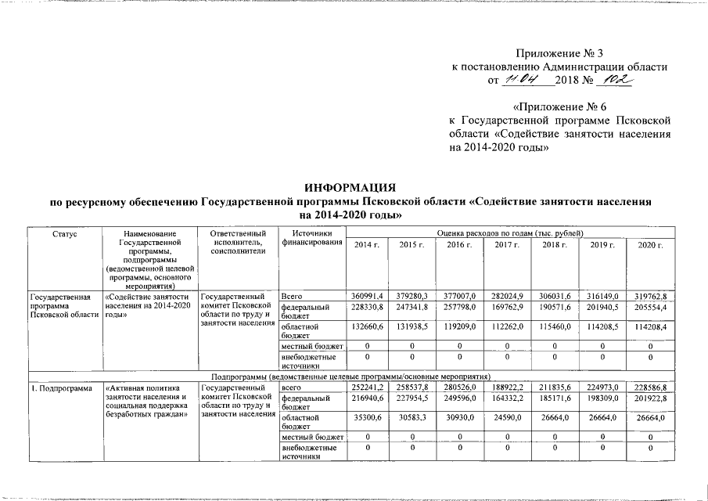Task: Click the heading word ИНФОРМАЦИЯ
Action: pyautogui.click(x=350, y=188)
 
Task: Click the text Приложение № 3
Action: pyautogui.click(x=559, y=54)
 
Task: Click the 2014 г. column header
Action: pyautogui.click(x=367, y=246)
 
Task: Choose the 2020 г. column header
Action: pyautogui.click(x=650, y=246)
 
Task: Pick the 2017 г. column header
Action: pyautogui.click(x=507, y=246)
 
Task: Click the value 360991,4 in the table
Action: pyautogui.click(x=367, y=297)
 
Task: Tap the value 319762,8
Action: pyautogui.click(x=650, y=297)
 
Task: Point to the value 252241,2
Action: pyautogui.click(x=367, y=386)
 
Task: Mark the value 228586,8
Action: pyautogui.click(x=650, y=386)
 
